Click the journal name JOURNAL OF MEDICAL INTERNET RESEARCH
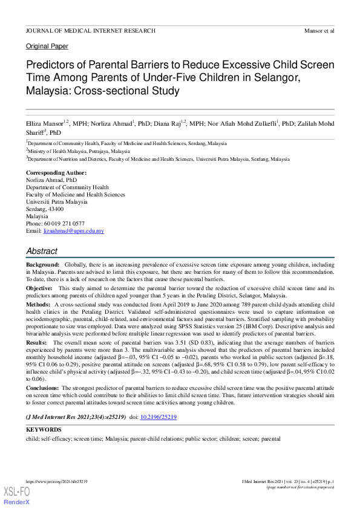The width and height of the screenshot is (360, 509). [x=90, y=30]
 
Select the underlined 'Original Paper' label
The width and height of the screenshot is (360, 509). [x=47, y=47]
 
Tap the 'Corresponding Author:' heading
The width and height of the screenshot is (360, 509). [x=56, y=173]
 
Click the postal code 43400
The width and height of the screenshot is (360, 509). [x=54, y=209]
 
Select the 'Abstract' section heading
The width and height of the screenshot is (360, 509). [x=42, y=251]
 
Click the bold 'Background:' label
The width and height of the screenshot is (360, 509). [x=42, y=265]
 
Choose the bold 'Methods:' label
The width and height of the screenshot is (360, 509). [x=38, y=305]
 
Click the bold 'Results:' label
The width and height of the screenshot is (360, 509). [x=38, y=342]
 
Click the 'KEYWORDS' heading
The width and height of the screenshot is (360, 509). [x=43, y=430]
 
